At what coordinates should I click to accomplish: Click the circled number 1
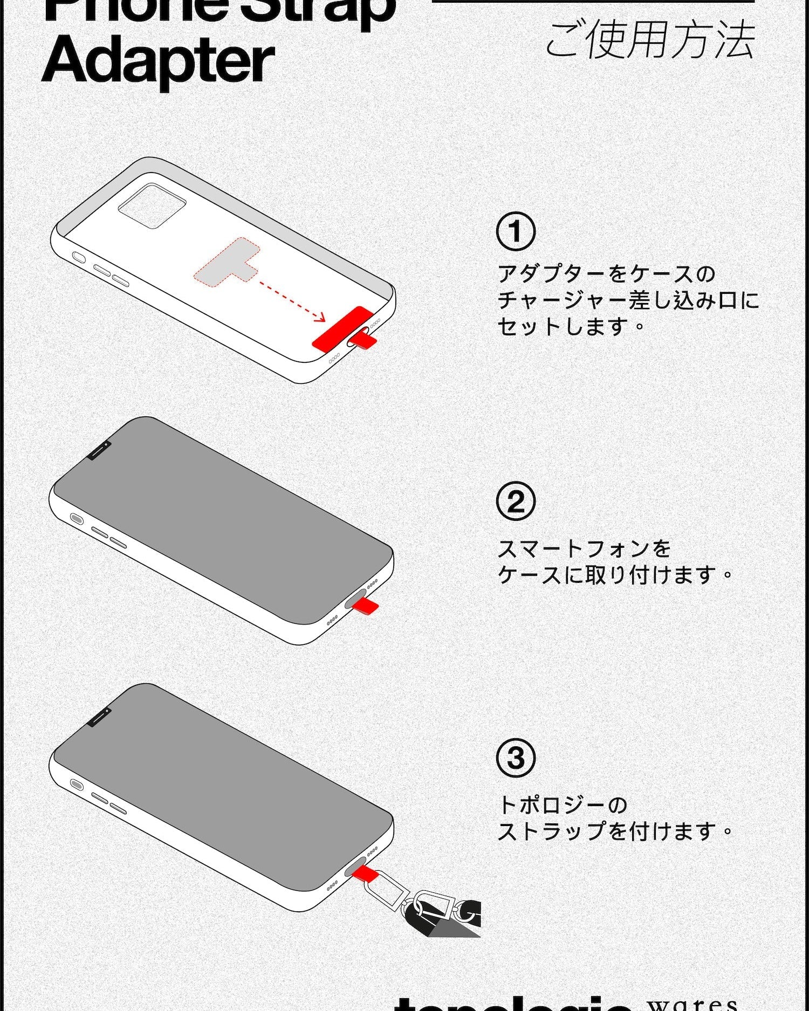coord(516,232)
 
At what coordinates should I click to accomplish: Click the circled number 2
coord(516,501)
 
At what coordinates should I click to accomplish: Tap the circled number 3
coord(516,758)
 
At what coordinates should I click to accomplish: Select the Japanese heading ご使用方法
coord(649,40)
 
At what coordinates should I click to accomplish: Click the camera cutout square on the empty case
coord(152,205)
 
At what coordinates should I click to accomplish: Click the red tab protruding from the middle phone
coord(367,606)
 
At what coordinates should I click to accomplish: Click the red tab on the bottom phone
coord(363,872)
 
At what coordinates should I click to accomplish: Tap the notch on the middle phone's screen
coord(99,450)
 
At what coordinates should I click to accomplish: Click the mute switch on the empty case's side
coord(79,257)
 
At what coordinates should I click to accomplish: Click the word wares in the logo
coord(693,1003)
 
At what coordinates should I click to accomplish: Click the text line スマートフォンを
coord(584,548)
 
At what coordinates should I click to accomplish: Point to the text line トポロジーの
coord(562,805)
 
